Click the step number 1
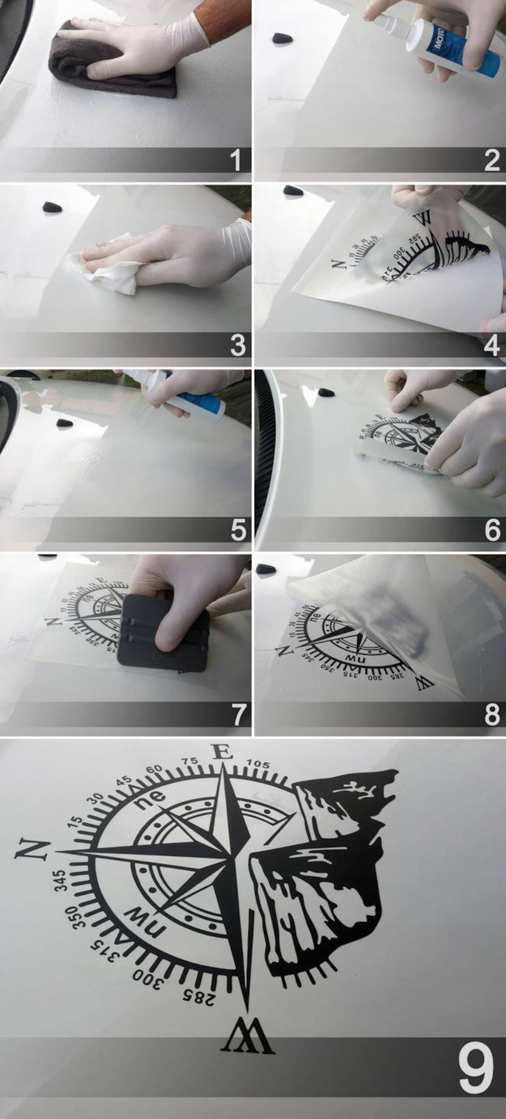[235, 160]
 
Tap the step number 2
[492, 160]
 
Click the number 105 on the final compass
[258, 764]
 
